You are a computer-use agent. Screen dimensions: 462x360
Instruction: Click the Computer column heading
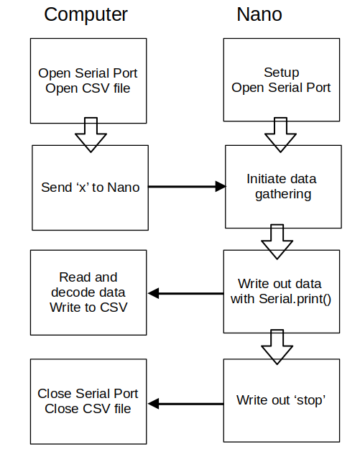pyautogui.click(x=86, y=14)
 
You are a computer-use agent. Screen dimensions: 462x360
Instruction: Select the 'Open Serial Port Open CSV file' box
pyautogui.click(x=88, y=80)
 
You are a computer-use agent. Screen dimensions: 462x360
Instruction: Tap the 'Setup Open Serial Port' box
pyautogui.click(x=281, y=80)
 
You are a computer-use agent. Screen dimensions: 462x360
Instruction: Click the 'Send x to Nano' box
pyautogui.click(x=90, y=188)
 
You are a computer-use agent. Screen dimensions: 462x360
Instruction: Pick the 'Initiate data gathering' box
pyautogui.click(x=282, y=186)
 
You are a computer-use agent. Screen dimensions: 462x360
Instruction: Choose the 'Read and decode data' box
pyautogui.click(x=88, y=292)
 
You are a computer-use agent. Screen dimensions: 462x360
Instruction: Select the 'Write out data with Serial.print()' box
pyautogui.click(x=281, y=291)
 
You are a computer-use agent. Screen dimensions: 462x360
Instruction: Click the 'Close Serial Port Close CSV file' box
pyautogui.click(x=88, y=401)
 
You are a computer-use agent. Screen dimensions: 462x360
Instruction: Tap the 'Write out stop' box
pyautogui.click(x=282, y=400)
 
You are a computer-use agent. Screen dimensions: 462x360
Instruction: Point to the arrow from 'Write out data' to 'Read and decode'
pyautogui.click(x=185, y=293)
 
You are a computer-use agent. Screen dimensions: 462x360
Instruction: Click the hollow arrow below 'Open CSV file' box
pyautogui.click(x=91, y=134)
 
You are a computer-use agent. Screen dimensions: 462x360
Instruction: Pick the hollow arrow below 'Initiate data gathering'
pyautogui.click(x=277, y=241)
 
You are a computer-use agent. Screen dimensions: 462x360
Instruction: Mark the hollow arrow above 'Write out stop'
pyautogui.click(x=277, y=346)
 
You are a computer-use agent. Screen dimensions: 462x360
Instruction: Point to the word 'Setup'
pyautogui.click(x=282, y=73)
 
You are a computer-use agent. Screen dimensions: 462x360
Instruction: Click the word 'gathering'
pyautogui.click(x=282, y=194)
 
